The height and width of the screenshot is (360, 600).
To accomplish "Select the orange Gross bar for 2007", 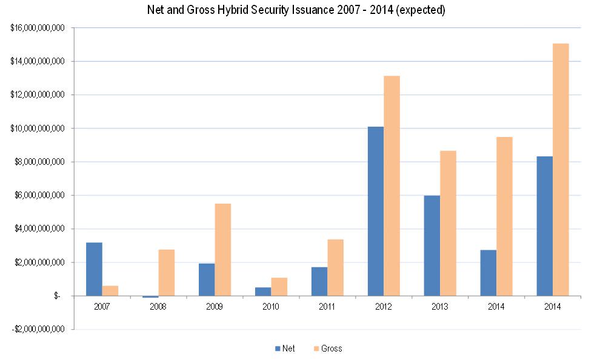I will [110, 291].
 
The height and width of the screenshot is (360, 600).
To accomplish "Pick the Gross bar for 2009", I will [223, 250].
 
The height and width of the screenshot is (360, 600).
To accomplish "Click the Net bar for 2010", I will [263, 292].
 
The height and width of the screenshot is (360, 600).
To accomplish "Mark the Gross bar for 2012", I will [392, 185].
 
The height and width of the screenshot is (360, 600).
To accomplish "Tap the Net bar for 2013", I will [432, 245].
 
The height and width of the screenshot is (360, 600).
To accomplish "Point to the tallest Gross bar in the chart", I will [561, 170].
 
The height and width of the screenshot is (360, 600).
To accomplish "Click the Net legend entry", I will [285, 348].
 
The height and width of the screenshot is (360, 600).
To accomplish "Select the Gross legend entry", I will [328, 348].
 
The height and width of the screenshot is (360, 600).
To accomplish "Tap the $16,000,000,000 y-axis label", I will [38, 28].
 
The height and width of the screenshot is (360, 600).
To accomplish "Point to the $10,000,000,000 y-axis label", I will [38, 128].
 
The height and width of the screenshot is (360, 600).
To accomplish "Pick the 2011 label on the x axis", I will [327, 307].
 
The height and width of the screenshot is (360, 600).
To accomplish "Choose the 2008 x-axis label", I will [159, 307].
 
